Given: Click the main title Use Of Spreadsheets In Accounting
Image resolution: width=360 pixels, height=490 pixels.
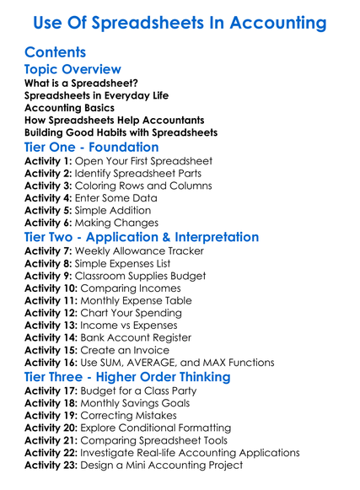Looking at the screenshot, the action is coord(179,20).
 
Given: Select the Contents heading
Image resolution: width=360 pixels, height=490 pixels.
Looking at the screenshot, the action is coord(56,52).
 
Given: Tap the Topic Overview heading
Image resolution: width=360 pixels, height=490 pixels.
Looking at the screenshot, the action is coord(73,69).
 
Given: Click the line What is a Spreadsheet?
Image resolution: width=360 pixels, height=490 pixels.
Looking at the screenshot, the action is coord(82,83).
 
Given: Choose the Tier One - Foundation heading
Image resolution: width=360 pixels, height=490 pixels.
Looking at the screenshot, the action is coord(92,147).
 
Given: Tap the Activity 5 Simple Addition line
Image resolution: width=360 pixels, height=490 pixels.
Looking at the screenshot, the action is coord(88,210).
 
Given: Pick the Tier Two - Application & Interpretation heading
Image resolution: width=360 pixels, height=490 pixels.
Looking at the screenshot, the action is coord(142,237).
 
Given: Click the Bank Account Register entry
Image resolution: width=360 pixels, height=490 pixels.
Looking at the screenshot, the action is coord(143,337).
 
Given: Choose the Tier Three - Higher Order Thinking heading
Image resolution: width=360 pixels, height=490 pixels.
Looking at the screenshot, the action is coord(127,377).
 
